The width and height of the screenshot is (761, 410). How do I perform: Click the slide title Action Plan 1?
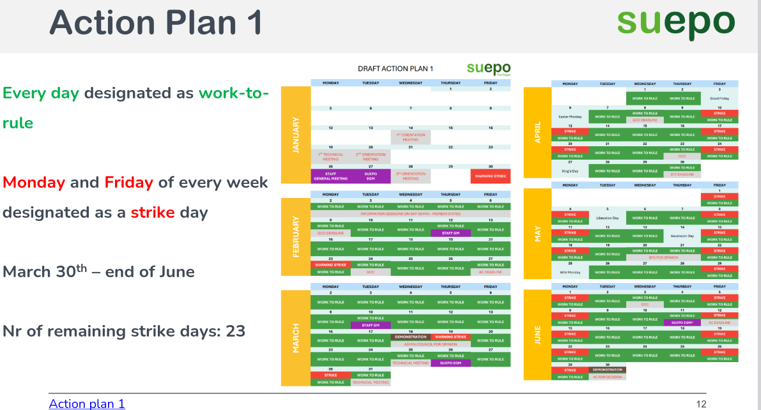[x=156, y=22]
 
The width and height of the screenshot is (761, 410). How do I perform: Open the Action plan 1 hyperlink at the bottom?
[x=87, y=403]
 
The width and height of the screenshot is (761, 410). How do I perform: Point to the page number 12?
[x=701, y=403]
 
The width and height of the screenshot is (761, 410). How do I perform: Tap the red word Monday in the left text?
[x=34, y=183]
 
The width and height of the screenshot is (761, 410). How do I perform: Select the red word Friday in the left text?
[x=128, y=183]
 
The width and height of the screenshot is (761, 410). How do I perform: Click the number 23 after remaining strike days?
[x=235, y=331]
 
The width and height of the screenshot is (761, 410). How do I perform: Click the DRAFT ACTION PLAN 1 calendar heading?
[x=396, y=69]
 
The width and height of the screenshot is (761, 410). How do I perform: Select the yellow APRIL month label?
[x=537, y=132]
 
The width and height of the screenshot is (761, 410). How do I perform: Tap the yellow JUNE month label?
[x=537, y=335]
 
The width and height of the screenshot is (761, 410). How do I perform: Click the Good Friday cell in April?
[x=719, y=99]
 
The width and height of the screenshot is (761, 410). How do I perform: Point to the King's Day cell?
[x=569, y=171]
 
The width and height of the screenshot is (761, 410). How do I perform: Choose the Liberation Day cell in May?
[x=607, y=218]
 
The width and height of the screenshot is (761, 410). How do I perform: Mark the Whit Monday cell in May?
[x=569, y=272]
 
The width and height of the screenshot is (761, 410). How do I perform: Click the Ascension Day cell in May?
[x=682, y=236]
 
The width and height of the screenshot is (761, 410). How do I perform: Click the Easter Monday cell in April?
[x=569, y=117]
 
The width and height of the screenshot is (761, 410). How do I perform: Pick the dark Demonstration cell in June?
[x=607, y=370]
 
